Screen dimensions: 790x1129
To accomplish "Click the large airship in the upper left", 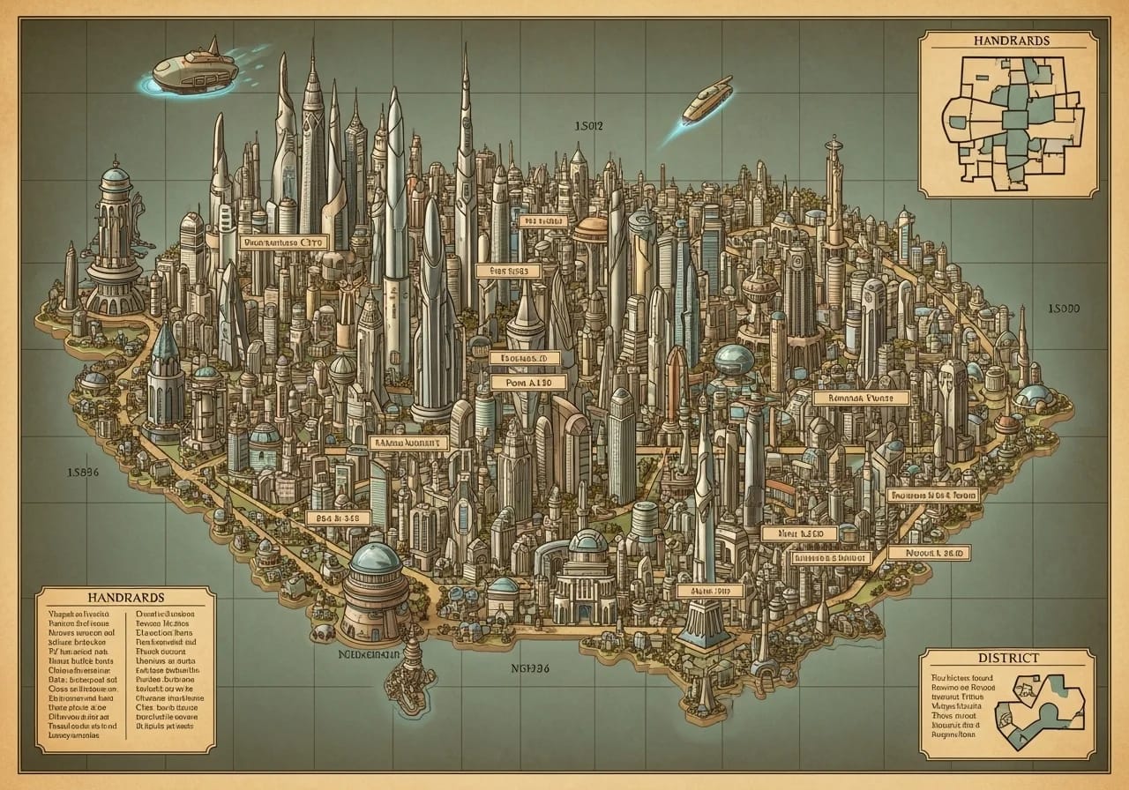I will click(x=195, y=71).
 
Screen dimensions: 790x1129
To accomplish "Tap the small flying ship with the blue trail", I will click(x=707, y=99).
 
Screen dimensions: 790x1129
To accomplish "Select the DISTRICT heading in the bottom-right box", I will click(x=1006, y=658).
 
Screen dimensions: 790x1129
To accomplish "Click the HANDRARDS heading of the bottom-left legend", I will click(x=124, y=597).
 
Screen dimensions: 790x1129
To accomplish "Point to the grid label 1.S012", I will click(x=587, y=126).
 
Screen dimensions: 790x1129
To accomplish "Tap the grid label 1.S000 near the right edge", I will click(x=1064, y=309).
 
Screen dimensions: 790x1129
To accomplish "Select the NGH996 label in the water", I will click(x=530, y=668).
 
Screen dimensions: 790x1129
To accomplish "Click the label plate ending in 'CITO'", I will click(x=283, y=241).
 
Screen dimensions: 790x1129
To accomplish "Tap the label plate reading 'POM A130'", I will click(x=520, y=383).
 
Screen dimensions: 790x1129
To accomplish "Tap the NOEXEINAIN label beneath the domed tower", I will click(x=370, y=656).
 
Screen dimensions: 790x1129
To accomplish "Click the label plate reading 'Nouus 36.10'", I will click(x=930, y=553).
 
